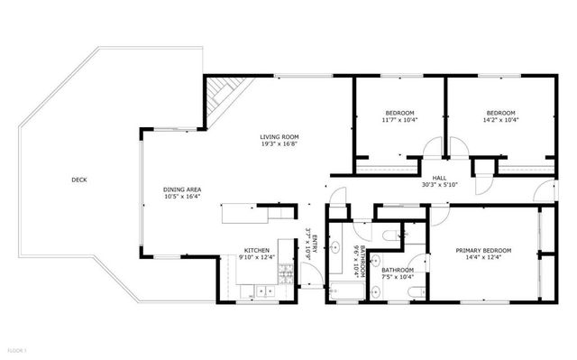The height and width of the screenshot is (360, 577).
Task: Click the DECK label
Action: pyautogui.click(x=80, y=180)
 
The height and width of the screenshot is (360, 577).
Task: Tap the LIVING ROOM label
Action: pyautogui.click(x=280, y=135)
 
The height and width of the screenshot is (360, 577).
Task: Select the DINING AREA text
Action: pyautogui.click(x=182, y=189)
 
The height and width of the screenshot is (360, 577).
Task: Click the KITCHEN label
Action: pyautogui.click(x=257, y=250)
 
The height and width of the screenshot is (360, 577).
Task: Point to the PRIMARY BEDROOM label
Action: pyautogui.click(x=483, y=250)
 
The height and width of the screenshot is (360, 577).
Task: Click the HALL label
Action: pyautogui.click(x=439, y=178)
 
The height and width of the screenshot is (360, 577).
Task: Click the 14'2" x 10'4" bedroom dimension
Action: pyautogui.click(x=500, y=119)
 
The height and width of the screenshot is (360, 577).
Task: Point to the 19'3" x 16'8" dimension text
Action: pyautogui.click(x=280, y=143)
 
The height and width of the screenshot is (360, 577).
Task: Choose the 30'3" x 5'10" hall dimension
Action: pyautogui.click(x=439, y=186)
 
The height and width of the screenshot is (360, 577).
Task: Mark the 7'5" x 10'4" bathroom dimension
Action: pyautogui.click(x=397, y=277)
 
